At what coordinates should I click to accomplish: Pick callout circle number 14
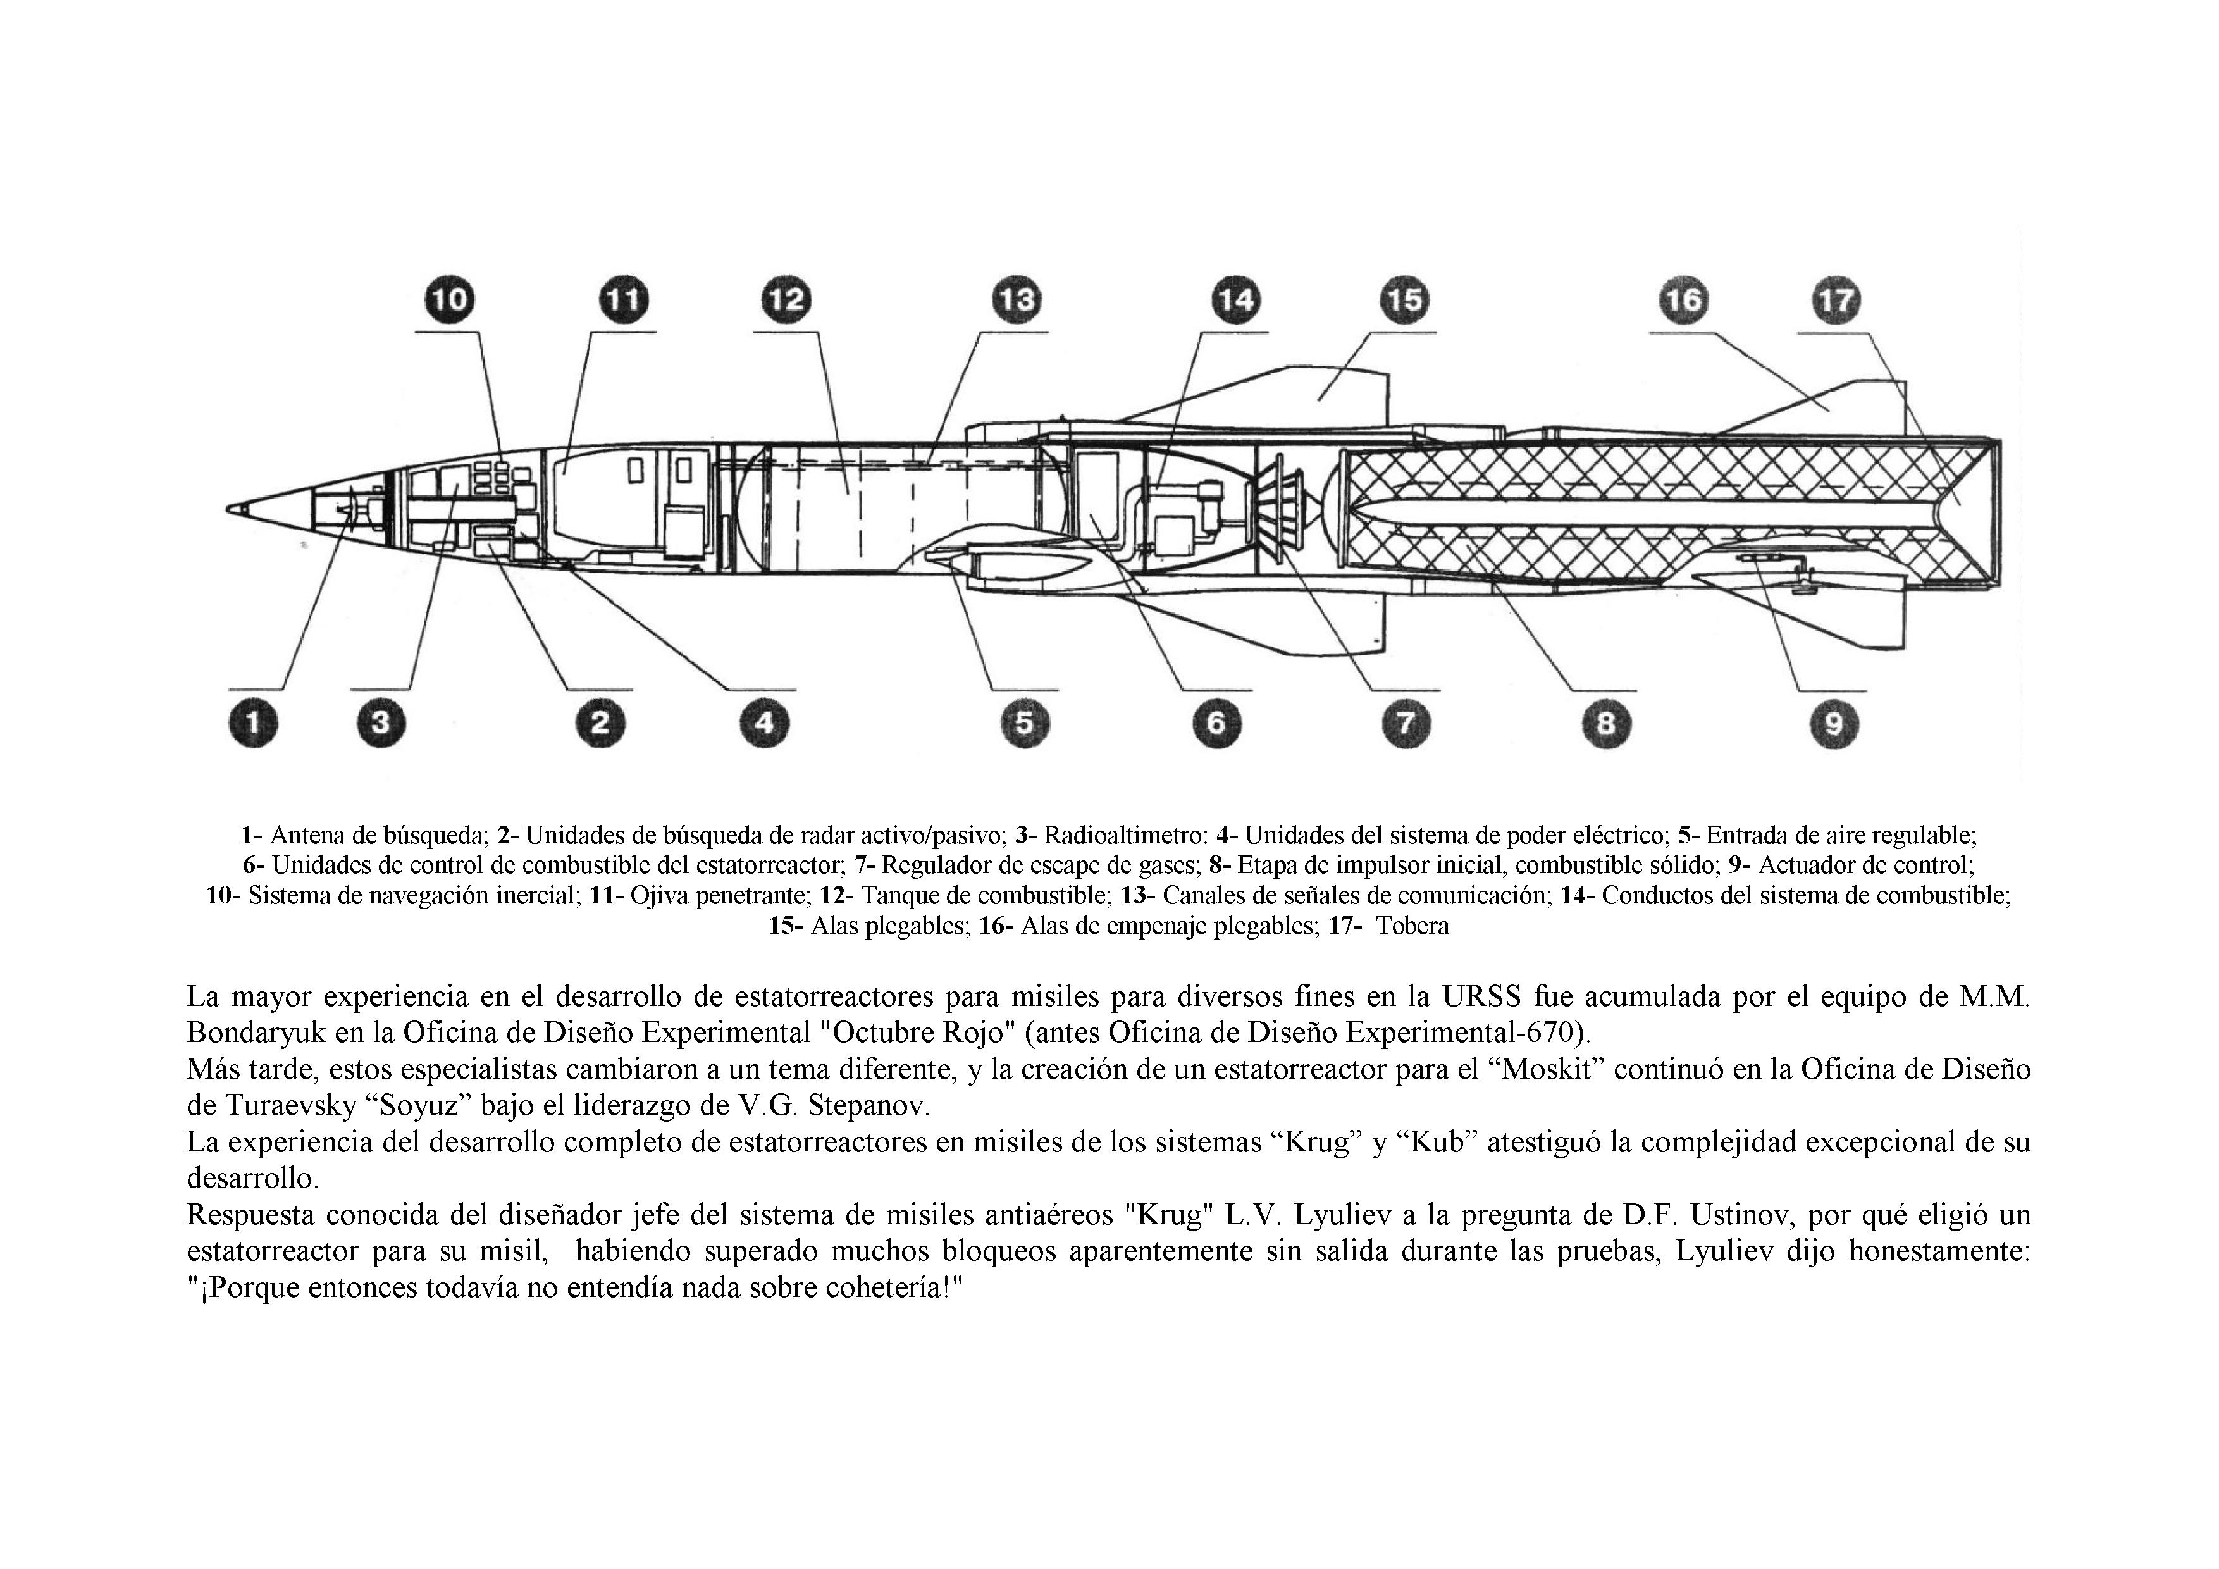tap(1234, 300)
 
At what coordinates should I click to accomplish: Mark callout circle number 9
tap(1833, 723)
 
